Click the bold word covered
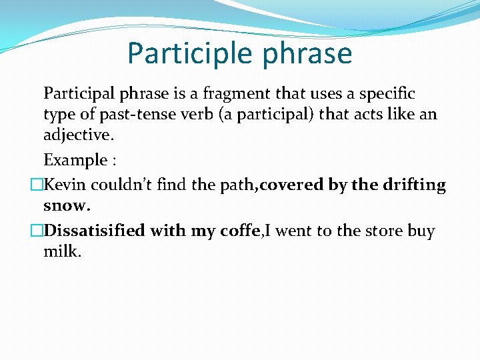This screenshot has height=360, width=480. [x=291, y=184]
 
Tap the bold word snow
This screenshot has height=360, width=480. [x=66, y=207]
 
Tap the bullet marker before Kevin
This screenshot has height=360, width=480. [x=37, y=185]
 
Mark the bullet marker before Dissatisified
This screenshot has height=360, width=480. [x=37, y=231]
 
